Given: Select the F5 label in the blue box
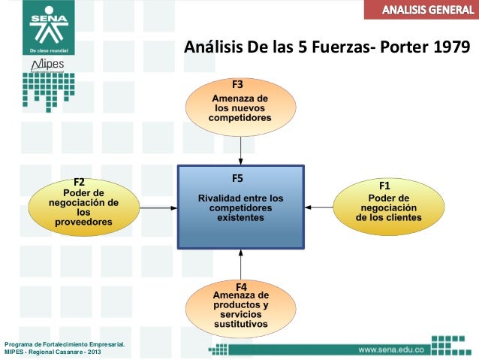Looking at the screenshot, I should [x=237, y=178].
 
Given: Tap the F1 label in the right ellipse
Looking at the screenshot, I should [x=384, y=185].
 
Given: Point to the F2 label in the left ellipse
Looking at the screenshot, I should [x=78, y=182].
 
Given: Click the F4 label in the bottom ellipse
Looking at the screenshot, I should [x=241, y=287].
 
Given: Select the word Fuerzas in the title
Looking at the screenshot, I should [x=335, y=49].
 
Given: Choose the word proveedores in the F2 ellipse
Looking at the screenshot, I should [x=83, y=222].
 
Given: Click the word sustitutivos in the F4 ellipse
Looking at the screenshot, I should [x=240, y=325].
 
